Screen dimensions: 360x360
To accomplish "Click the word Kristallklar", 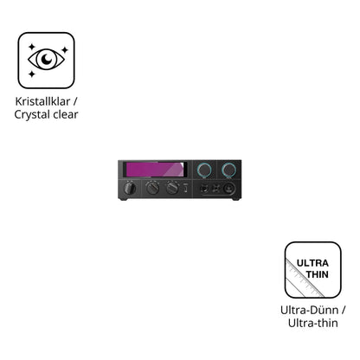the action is [42, 101].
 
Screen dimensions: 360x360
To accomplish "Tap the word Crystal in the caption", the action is [32, 115].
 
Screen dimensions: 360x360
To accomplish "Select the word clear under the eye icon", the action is [66, 114].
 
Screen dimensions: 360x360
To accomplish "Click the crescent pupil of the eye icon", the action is [47, 59].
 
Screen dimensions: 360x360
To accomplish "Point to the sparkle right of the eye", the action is [65, 50].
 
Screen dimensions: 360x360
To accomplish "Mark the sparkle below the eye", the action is [32, 74].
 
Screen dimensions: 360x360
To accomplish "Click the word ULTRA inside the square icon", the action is [312, 263].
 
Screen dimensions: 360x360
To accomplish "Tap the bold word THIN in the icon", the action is [318, 274].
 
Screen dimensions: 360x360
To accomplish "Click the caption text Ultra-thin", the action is [312, 323].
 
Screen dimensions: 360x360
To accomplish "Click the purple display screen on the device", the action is [155, 170].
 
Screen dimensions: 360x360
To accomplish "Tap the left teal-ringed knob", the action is [204, 170].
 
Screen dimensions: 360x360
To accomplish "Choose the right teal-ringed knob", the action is [228, 170].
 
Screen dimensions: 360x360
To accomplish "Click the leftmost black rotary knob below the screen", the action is [130, 188].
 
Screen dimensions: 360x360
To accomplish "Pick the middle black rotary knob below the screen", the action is [152, 189].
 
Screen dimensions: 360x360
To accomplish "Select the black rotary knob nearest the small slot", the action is [172, 189].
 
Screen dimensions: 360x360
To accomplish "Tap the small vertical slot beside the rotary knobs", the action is [186, 189].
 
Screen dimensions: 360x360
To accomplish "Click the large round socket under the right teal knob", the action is [229, 189].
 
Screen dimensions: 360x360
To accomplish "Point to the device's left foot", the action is [123, 199].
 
